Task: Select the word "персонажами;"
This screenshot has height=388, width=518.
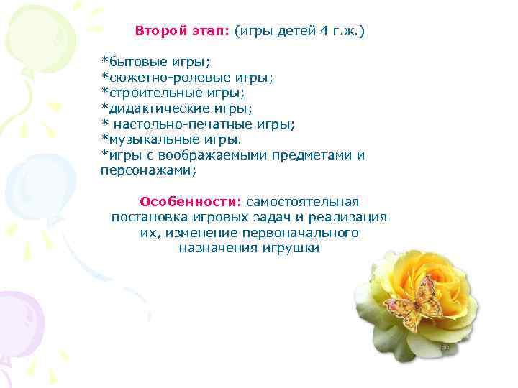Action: [147, 171]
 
